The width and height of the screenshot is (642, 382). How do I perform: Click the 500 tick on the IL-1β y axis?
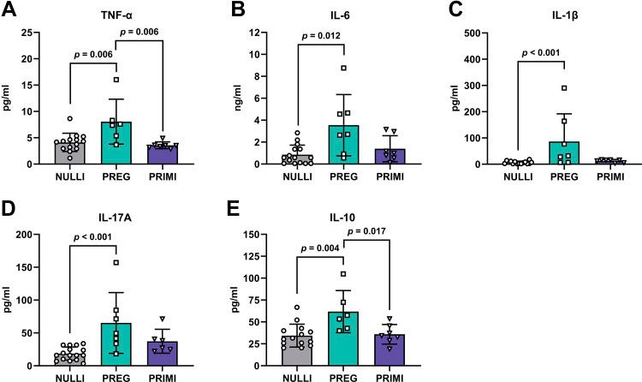(x=479, y=33)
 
